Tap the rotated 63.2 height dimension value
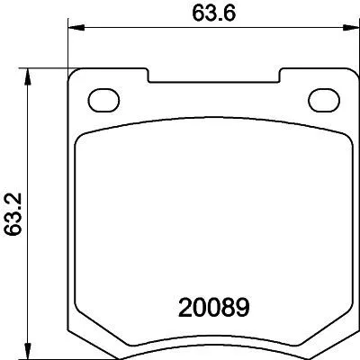pyautogui.click(x=13, y=213)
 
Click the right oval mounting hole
pyautogui.click(x=320, y=98)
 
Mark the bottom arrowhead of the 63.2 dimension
pyautogui.click(x=31, y=352)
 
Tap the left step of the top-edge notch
pyautogui.click(x=148, y=76)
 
